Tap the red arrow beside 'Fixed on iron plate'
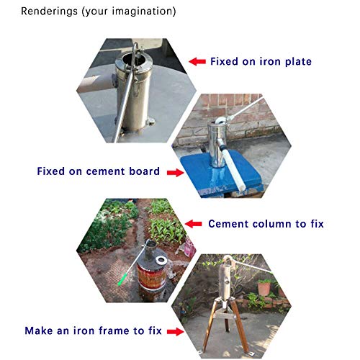pyautogui.click(x=196, y=62)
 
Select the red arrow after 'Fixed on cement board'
pyautogui.click(x=174, y=172)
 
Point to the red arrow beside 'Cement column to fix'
pyautogui.click(x=193, y=224)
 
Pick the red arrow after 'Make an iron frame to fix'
pyautogui.click(x=173, y=331)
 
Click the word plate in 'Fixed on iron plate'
pyautogui.click(x=296, y=62)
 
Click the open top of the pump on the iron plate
pyautogui.click(x=137, y=52)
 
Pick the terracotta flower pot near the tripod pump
pyautogui.click(x=265, y=287)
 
